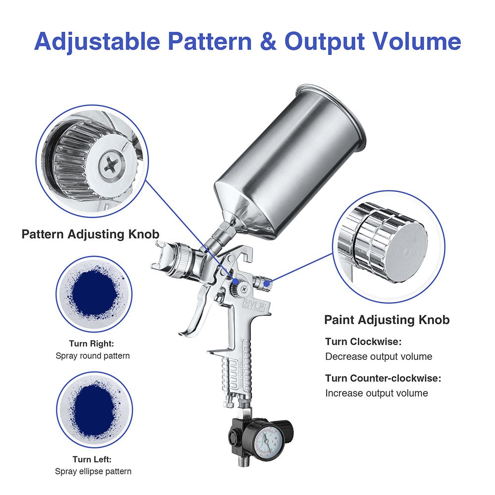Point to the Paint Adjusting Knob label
pos(387,320)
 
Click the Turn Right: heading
pos(92,343)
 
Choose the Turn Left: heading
pos(93,459)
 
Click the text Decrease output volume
pos(378,356)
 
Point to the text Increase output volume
pos(376,393)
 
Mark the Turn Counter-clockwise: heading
pos(383,378)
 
